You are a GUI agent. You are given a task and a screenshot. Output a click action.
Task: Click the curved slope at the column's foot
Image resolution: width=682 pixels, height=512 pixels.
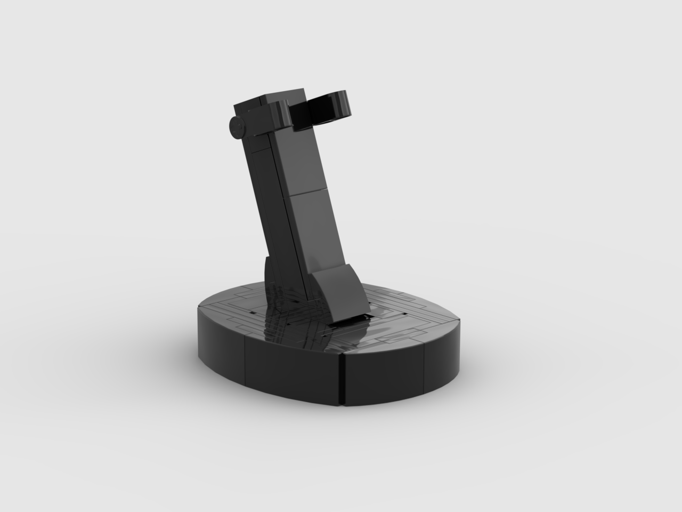click(341, 291)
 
